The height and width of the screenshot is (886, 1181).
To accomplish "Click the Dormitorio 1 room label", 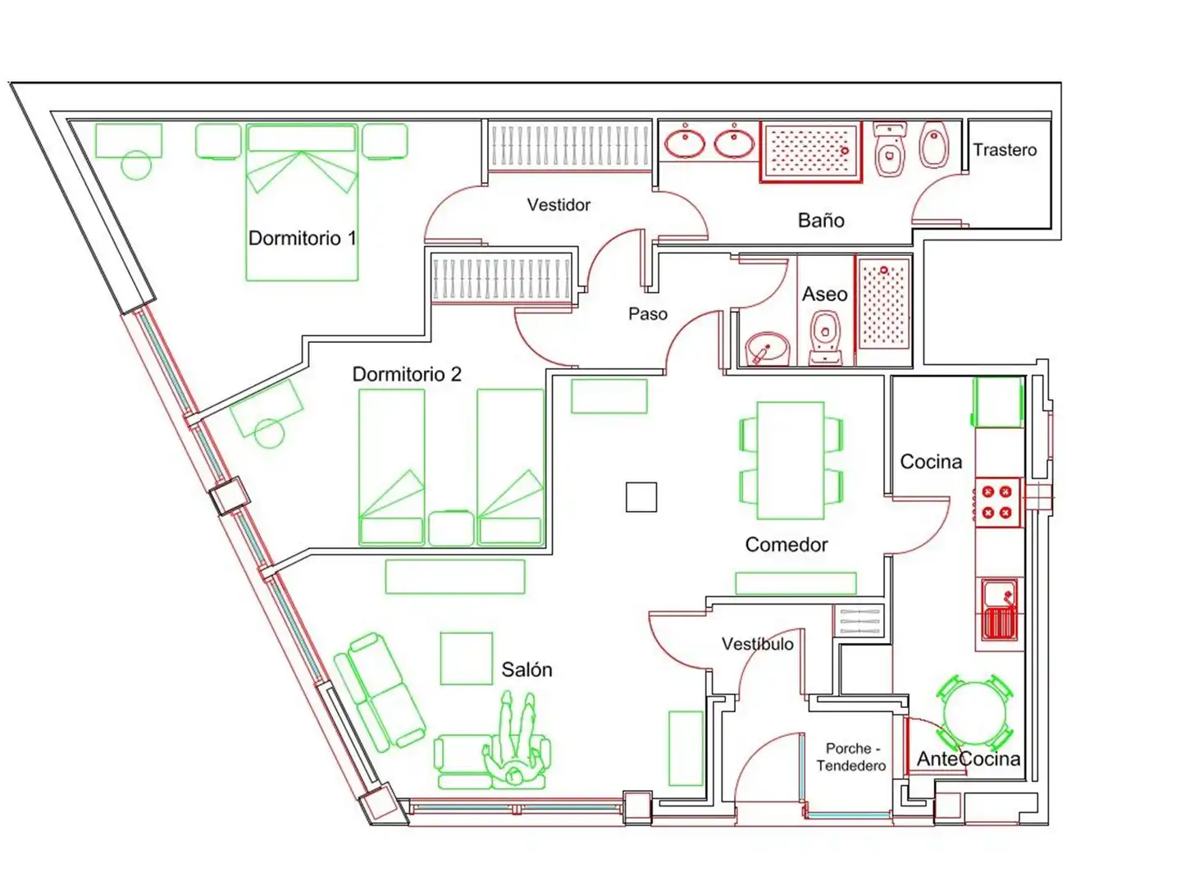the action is [x=302, y=238].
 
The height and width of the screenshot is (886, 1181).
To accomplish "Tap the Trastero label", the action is [x=1004, y=149].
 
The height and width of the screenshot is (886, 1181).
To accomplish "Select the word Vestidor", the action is [x=559, y=204].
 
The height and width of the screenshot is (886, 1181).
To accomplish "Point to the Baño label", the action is [x=820, y=220].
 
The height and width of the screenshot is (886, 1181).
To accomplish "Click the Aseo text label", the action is [x=824, y=294].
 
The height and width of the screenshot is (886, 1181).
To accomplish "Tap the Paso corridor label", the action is [x=648, y=313].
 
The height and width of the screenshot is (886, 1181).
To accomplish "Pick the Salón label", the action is [x=527, y=669].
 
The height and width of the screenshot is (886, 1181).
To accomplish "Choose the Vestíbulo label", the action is [x=757, y=644].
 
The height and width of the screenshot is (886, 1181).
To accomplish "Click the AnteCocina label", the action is [x=968, y=759].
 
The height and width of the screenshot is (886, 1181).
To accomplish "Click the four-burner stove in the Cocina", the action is [x=996, y=502].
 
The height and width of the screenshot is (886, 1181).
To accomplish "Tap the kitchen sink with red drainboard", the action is [x=999, y=610].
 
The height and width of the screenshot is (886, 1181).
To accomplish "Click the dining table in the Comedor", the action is [x=790, y=460].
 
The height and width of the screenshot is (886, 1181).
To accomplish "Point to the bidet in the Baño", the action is [x=933, y=144].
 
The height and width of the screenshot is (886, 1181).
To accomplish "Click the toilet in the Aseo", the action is [x=825, y=337].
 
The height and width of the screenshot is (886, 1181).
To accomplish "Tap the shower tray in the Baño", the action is [x=811, y=152].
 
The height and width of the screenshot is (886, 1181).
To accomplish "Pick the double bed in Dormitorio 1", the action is [x=302, y=203].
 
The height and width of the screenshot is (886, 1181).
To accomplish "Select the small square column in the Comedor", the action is [x=641, y=497].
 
